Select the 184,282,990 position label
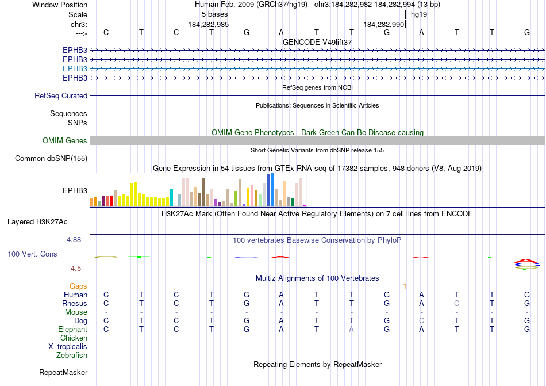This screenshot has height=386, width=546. coord(384,25)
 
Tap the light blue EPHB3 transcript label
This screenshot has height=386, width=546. coord(75,68)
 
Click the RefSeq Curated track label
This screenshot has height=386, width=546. coord(61,96)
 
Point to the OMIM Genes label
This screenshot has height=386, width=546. coord(65,141)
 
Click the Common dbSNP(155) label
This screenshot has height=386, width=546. coord(51,159)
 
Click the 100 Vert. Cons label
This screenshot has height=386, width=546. coord(32,254)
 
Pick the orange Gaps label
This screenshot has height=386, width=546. coord(78,286)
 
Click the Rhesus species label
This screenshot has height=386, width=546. coord(75,303)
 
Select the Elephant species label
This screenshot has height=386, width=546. coord(72,329)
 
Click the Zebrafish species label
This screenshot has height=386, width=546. coord(72,356)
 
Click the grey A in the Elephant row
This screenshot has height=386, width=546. coord(352,329)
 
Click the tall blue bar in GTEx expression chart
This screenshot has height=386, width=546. coord(270,189)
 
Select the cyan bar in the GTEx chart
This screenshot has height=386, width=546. coord(171,197)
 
